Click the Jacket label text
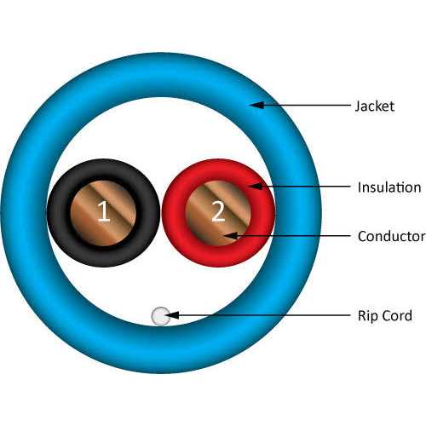point(375,106)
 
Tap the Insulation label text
point(389,187)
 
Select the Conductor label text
point(391,236)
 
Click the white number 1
point(104,212)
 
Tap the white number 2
point(218,212)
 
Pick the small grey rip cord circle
point(161,316)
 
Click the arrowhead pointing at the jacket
point(257,105)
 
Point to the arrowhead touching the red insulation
point(256,187)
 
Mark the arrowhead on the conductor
point(231,235)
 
